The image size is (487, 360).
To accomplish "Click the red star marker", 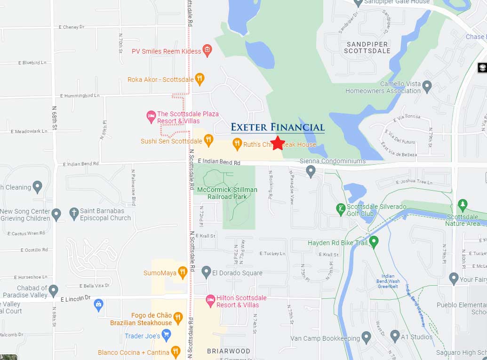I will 278,143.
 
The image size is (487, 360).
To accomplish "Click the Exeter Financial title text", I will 278,127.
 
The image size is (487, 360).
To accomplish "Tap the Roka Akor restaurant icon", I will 200,79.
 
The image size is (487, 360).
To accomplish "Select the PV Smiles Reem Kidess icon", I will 207,50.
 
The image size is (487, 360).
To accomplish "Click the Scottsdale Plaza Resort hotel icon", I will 151,116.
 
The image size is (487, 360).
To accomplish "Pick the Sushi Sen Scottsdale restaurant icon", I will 208,140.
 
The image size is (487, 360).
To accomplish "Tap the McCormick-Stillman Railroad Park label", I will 227,193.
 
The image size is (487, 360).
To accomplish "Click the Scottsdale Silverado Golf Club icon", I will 341,209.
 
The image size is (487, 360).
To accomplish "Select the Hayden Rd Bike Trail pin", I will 374,242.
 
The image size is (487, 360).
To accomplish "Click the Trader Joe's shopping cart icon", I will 166,335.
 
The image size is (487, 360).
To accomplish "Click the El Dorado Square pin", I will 206,272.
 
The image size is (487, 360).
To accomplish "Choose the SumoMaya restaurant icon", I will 182,272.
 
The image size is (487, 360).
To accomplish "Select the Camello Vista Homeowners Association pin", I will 427,86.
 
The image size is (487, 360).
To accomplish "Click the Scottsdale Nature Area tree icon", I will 463,205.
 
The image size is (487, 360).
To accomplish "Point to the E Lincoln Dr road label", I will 75,298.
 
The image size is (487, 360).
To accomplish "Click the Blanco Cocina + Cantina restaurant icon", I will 176,352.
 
